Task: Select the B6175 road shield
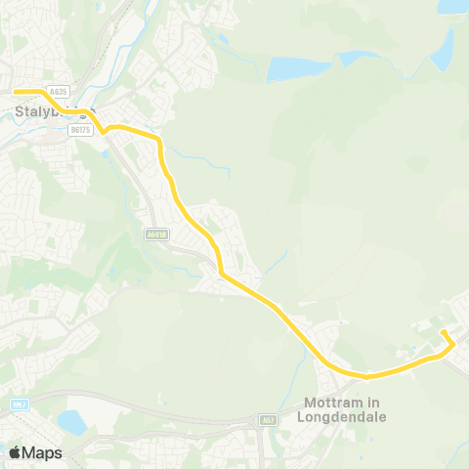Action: pos(80,128)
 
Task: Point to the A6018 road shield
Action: pos(155,234)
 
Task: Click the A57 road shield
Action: pos(269,420)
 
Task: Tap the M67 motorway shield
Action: pos(20,404)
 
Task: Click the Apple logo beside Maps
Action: pos(16,452)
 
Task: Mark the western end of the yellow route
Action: pos(15,92)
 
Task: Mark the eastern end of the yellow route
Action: pos(443,332)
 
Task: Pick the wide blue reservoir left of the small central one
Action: pos(291,68)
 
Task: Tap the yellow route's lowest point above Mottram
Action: pos(366,376)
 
